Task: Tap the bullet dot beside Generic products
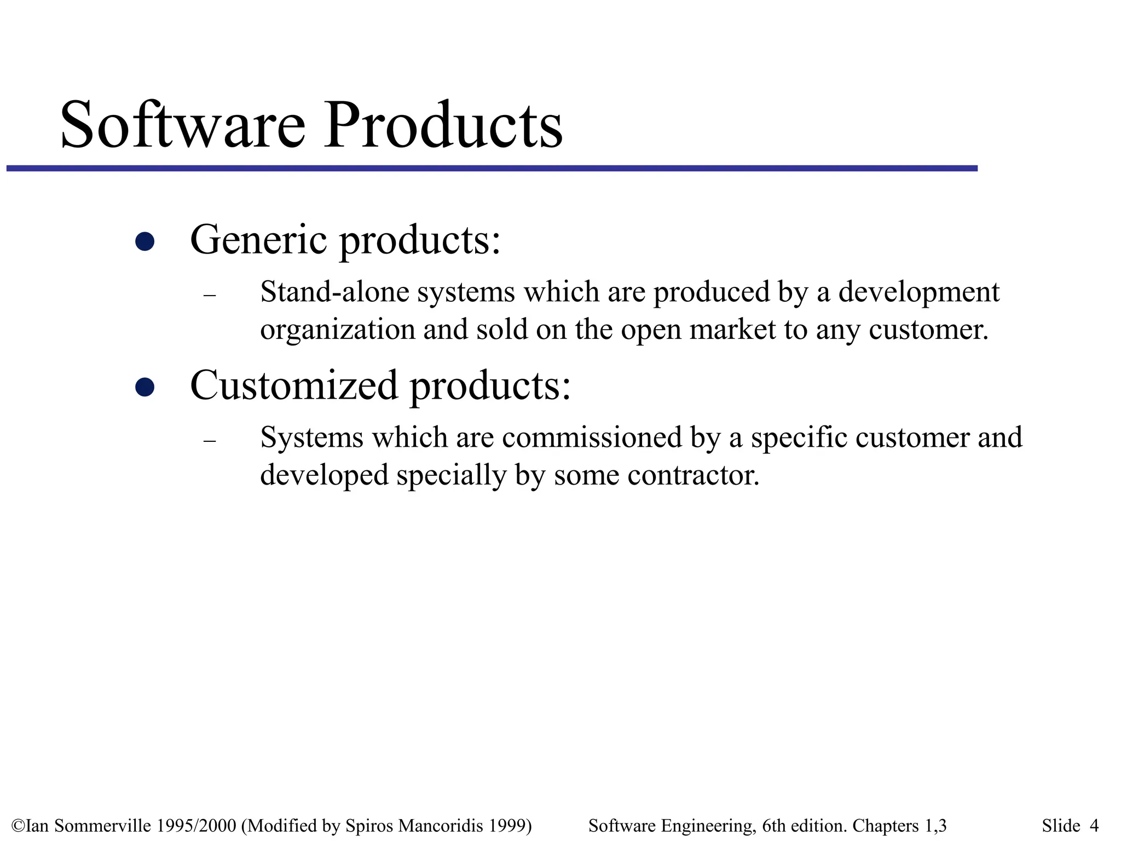(145, 241)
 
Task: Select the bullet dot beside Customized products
(145, 387)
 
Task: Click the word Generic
(258, 239)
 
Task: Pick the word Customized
(293, 385)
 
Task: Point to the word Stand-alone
(334, 291)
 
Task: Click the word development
(919, 292)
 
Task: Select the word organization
(337, 330)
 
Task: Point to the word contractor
(694, 475)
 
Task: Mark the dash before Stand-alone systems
(210, 296)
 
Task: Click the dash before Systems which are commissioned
(210, 441)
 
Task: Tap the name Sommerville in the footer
(104, 825)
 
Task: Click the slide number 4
(1094, 825)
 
